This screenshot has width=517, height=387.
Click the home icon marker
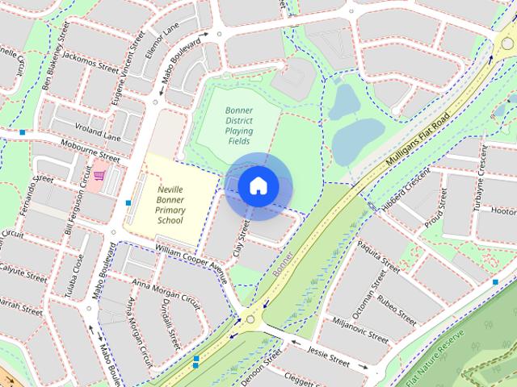click(x=258, y=185)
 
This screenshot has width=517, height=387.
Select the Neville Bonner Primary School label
click(x=170, y=204)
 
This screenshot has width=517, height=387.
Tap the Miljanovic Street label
click(x=353, y=327)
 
